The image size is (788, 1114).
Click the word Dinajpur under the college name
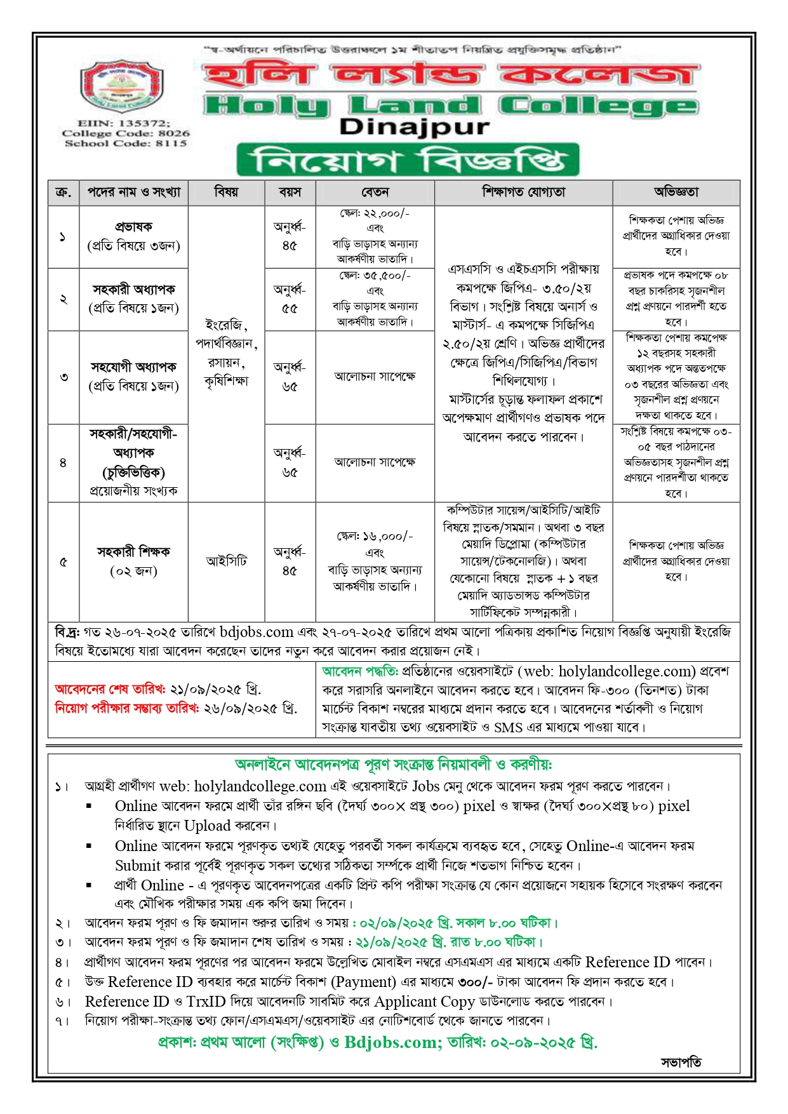coord(414,127)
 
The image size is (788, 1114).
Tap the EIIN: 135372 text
coord(124,123)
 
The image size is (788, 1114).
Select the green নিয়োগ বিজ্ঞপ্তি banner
coord(408,160)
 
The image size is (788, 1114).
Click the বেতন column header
coord(375,192)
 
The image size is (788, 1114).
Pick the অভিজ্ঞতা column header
coord(676,192)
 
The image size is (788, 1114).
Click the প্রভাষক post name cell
coord(133,236)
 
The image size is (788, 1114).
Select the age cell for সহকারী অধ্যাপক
coord(290,299)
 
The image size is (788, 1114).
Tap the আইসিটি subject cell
coord(226,561)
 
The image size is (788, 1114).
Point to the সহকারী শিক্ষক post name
coord(133,552)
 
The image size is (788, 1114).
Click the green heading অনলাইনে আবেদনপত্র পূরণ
coord(393,765)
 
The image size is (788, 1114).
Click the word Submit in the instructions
coord(138,866)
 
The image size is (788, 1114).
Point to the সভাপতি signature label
coord(681,1062)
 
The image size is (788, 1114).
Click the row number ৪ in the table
coord(63,463)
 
